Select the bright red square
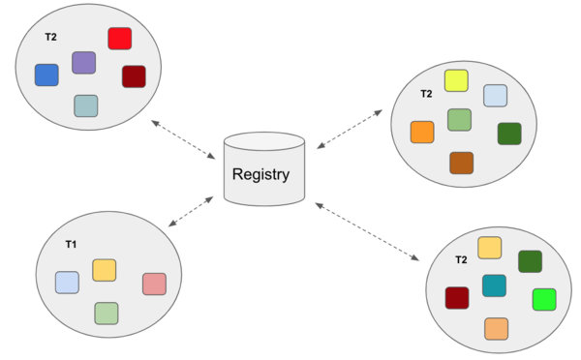click(119, 39)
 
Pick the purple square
click(84, 63)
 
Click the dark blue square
click(46, 75)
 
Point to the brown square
click(461, 163)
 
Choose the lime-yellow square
click(456, 80)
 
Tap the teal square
click(494, 285)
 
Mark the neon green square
click(544, 299)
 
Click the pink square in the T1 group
click(154, 284)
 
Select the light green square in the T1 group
click(107, 313)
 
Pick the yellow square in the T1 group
click(104, 270)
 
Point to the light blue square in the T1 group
click(67, 283)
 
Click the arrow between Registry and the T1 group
click(191, 211)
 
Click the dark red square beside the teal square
click(457, 298)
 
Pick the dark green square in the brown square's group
click(509, 134)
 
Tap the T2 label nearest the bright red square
click(50, 36)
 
